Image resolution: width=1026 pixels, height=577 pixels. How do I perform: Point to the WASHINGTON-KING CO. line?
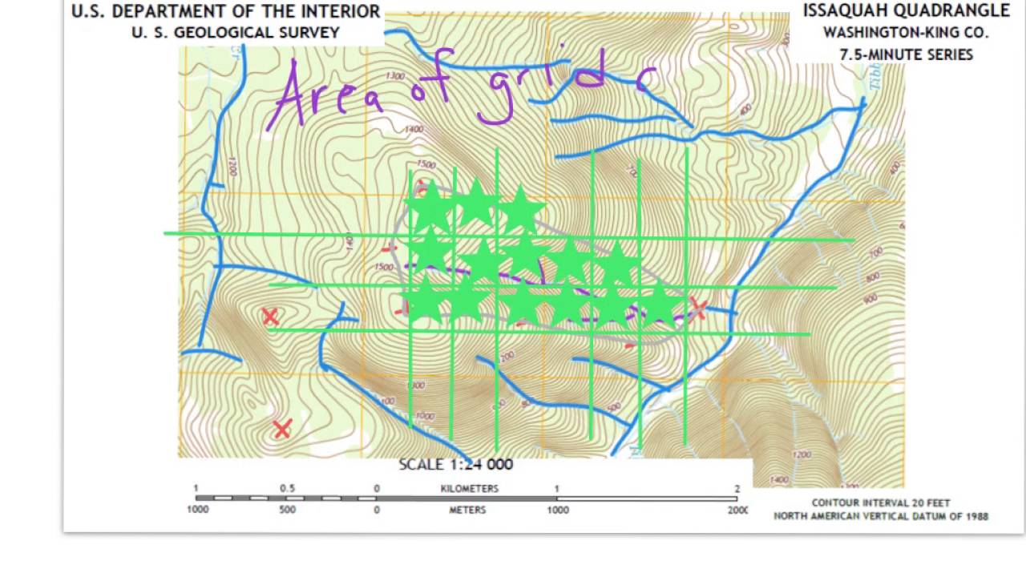[x=905, y=33]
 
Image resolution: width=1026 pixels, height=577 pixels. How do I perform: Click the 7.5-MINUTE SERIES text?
[x=906, y=54]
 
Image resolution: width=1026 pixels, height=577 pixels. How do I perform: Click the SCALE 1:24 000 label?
[x=455, y=464]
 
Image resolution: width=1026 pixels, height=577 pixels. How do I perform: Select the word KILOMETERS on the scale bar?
[x=469, y=488]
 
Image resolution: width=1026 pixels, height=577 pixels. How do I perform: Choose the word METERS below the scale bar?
[x=467, y=510]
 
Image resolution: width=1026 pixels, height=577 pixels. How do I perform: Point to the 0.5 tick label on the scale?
[x=287, y=488]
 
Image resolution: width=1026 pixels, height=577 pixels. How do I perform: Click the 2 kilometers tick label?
[x=737, y=488]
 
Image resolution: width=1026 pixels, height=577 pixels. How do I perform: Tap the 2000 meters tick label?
[x=737, y=510]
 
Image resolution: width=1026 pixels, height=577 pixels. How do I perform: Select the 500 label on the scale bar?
[x=287, y=510]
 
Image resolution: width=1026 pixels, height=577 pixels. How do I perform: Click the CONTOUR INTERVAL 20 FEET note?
[x=881, y=503]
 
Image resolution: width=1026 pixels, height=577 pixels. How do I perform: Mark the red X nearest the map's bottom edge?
[x=281, y=430]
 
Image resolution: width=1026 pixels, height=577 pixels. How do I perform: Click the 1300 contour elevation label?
[x=394, y=76]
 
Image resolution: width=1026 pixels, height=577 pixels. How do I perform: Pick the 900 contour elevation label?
[x=871, y=298]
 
